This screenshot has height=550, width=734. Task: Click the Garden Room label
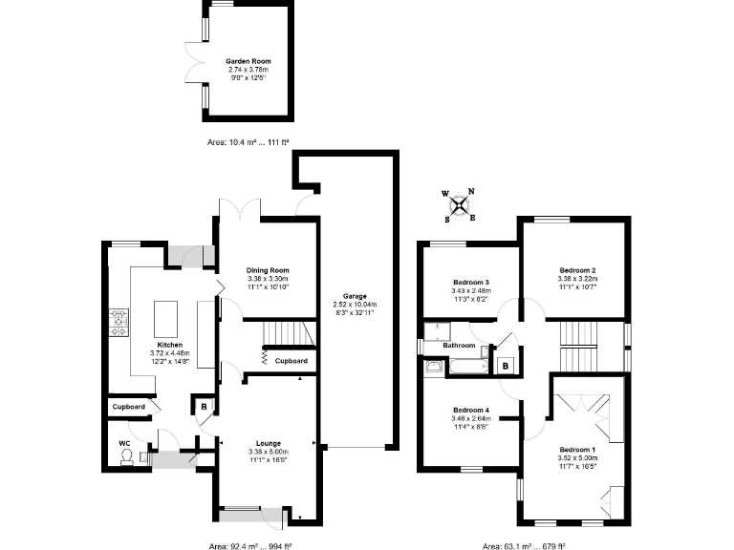click(248, 59)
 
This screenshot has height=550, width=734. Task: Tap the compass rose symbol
click(460, 203)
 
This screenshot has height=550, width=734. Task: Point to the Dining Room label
click(268, 270)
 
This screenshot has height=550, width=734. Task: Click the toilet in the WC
click(126, 457)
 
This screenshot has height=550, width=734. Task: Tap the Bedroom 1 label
click(576, 449)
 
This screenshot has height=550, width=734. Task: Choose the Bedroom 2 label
click(577, 271)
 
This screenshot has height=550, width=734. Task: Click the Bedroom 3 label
click(470, 283)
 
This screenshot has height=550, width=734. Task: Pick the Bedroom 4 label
click(470, 409)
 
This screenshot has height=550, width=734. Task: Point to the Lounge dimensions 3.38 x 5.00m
click(267, 452)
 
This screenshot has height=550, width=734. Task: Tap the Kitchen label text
click(170, 345)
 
